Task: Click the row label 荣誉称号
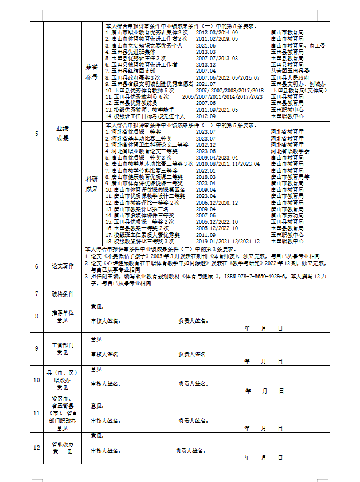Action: click(x=91, y=71)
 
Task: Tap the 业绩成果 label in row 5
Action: click(x=62, y=134)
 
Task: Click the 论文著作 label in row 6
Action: click(x=62, y=266)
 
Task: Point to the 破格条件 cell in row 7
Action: click(x=62, y=294)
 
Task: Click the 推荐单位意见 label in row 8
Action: click(x=62, y=317)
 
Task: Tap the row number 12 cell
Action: click(x=37, y=448)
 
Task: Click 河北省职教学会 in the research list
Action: click(x=290, y=151)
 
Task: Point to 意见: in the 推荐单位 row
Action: click(x=97, y=306)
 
